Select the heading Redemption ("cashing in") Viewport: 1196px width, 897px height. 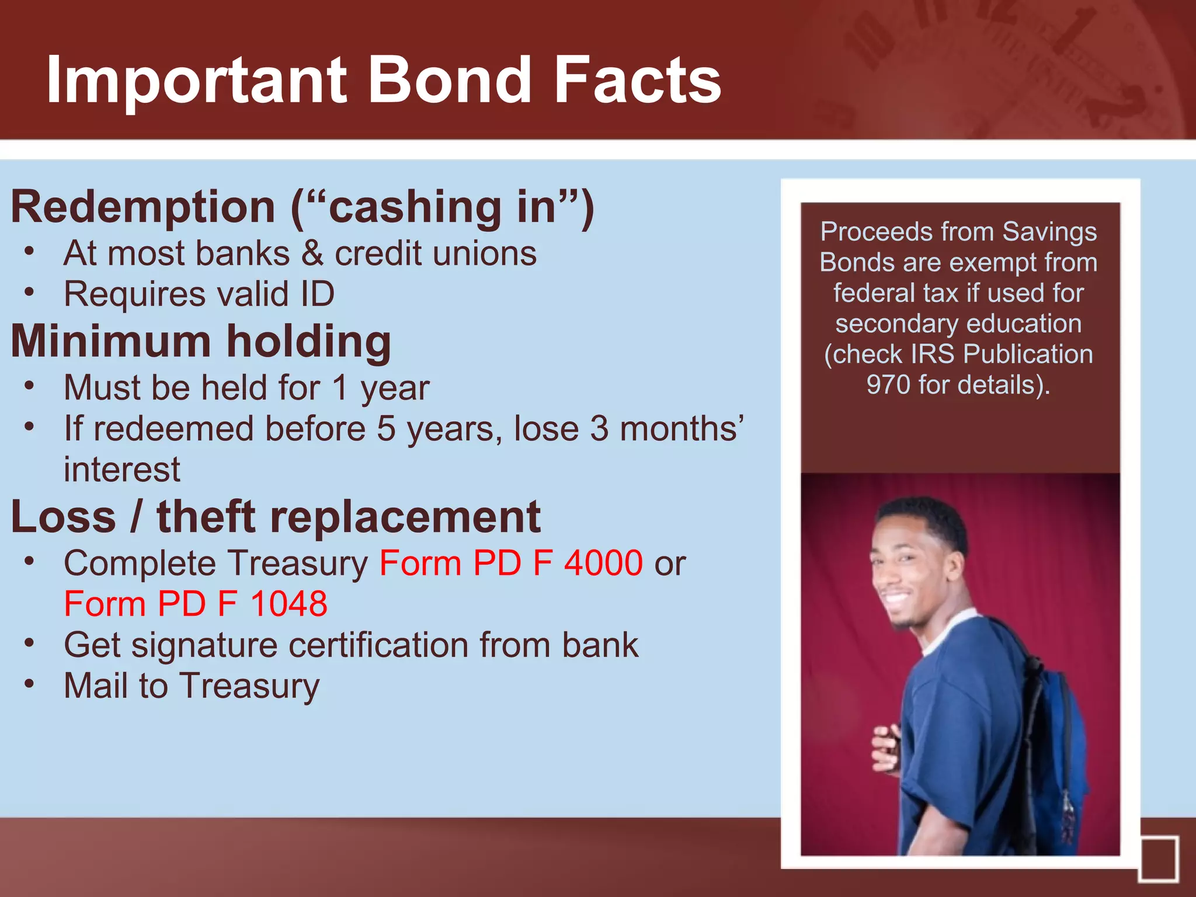[x=302, y=207]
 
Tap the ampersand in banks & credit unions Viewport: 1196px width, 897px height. [x=312, y=254]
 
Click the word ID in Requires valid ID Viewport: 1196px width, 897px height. [x=317, y=294]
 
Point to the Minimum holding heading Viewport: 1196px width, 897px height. [x=201, y=342]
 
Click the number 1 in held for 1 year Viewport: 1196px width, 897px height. [x=340, y=388]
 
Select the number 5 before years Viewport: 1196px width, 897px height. [x=386, y=429]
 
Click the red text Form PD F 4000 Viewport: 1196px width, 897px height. [x=511, y=564]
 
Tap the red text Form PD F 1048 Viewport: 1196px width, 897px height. [x=196, y=604]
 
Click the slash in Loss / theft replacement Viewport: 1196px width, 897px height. [x=136, y=517]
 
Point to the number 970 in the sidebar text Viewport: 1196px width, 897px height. [x=888, y=385]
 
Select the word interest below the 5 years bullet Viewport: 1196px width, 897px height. [x=122, y=470]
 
